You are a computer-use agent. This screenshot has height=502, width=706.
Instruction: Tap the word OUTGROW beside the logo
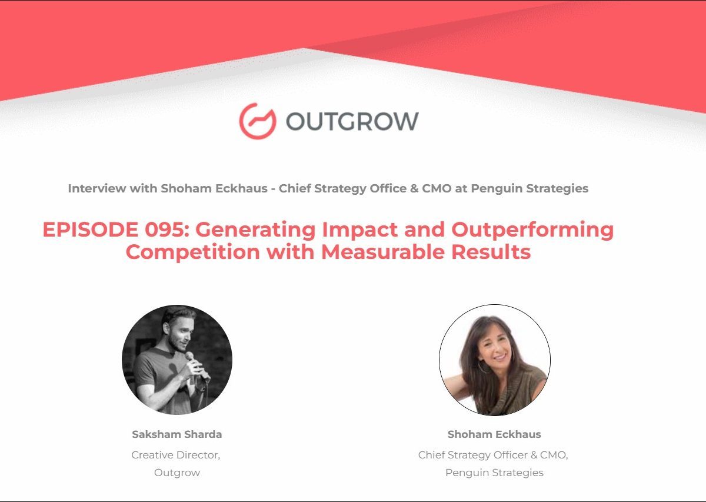pyautogui.click(x=352, y=121)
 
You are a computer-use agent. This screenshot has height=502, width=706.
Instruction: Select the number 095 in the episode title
pyautogui.click(x=166, y=230)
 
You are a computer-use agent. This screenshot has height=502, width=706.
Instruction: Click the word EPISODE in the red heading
pyautogui.click(x=90, y=230)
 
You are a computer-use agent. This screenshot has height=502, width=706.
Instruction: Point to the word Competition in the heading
pyautogui.click(x=192, y=252)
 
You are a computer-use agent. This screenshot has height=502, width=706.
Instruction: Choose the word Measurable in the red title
pyautogui.click(x=383, y=252)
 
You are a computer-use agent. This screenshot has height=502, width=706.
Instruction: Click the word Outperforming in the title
pyautogui.click(x=532, y=230)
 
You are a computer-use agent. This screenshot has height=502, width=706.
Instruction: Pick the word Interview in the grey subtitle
pyautogui.click(x=96, y=188)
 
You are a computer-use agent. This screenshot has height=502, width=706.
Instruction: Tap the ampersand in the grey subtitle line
pyautogui.click(x=414, y=188)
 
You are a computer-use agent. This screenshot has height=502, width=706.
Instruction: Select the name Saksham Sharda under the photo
pyautogui.click(x=177, y=434)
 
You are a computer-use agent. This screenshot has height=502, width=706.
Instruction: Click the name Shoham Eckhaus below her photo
pyautogui.click(x=494, y=434)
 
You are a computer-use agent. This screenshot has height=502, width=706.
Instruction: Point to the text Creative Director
pyautogui.click(x=175, y=455)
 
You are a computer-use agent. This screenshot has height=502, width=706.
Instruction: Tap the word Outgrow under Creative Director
pyautogui.click(x=177, y=473)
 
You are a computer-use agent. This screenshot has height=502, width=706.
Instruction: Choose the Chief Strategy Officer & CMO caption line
pyautogui.click(x=493, y=456)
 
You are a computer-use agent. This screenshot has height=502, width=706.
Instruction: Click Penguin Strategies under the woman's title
pyautogui.click(x=494, y=473)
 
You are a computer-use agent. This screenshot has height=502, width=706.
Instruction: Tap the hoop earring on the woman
pyautogui.click(x=483, y=367)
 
